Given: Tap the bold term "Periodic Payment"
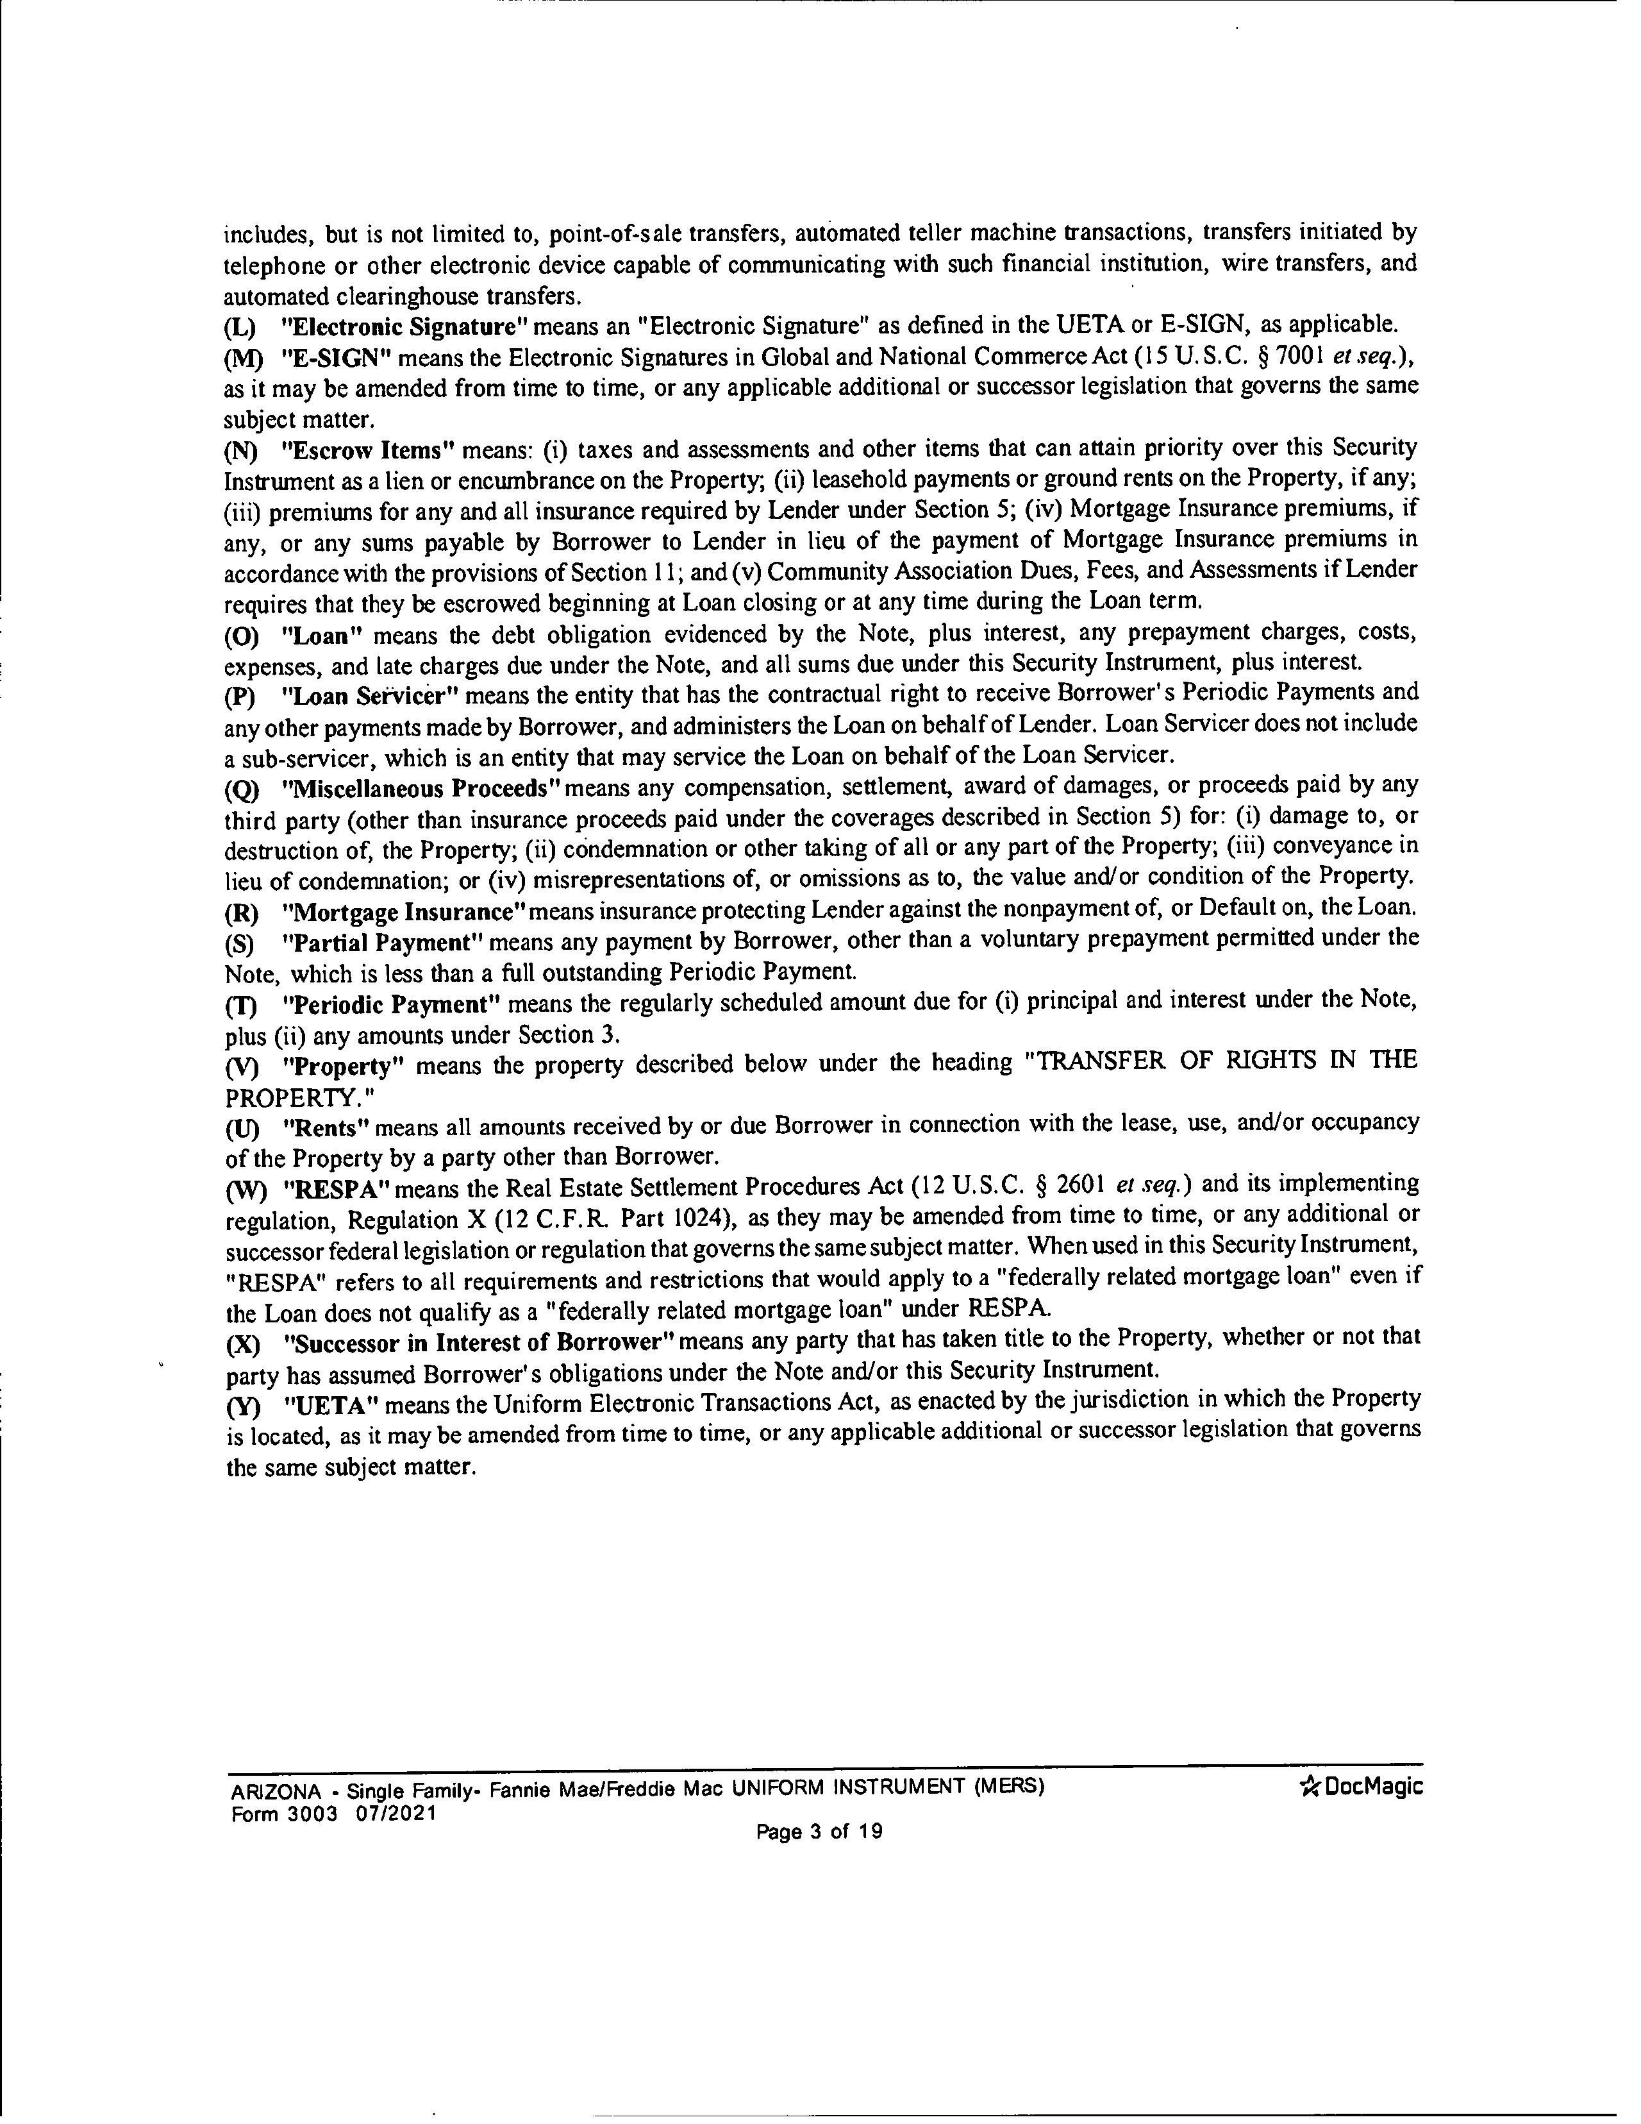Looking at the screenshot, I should tap(391, 1002).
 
